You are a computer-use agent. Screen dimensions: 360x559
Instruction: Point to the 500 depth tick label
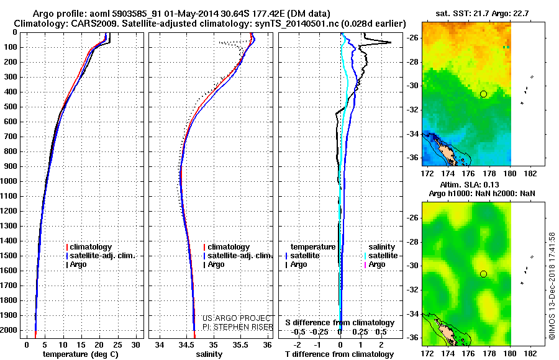coord(11,107)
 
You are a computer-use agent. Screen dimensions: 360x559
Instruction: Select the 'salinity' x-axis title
coord(209,354)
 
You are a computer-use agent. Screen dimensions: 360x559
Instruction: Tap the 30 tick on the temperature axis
coord(137,344)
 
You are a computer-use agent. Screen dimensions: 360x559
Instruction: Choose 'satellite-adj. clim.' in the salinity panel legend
coord(239,256)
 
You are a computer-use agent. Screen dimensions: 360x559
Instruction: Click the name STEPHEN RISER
coord(243,326)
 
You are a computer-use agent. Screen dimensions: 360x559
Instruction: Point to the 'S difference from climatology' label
coord(340,323)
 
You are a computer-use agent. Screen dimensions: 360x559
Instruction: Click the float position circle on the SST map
coord(483,94)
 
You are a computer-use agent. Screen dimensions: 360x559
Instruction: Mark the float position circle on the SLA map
coord(483,274)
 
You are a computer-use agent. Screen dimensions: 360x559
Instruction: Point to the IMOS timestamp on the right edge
coord(550,286)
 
